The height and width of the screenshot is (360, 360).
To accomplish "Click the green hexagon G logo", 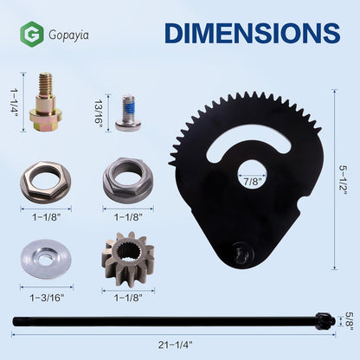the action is (32, 35).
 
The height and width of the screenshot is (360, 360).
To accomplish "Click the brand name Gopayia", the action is (68, 35).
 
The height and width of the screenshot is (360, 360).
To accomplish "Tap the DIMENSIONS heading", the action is (253, 33).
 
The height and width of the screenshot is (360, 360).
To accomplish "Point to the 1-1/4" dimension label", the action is (14, 102).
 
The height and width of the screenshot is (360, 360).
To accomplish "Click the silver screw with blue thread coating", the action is (128, 113).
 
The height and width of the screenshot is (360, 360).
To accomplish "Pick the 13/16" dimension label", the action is (99, 112).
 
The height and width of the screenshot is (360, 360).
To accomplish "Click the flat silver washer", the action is (46, 261).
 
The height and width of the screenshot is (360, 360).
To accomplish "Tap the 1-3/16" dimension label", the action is (46, 298).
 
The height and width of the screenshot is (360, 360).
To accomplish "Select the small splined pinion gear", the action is (128, 259).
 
